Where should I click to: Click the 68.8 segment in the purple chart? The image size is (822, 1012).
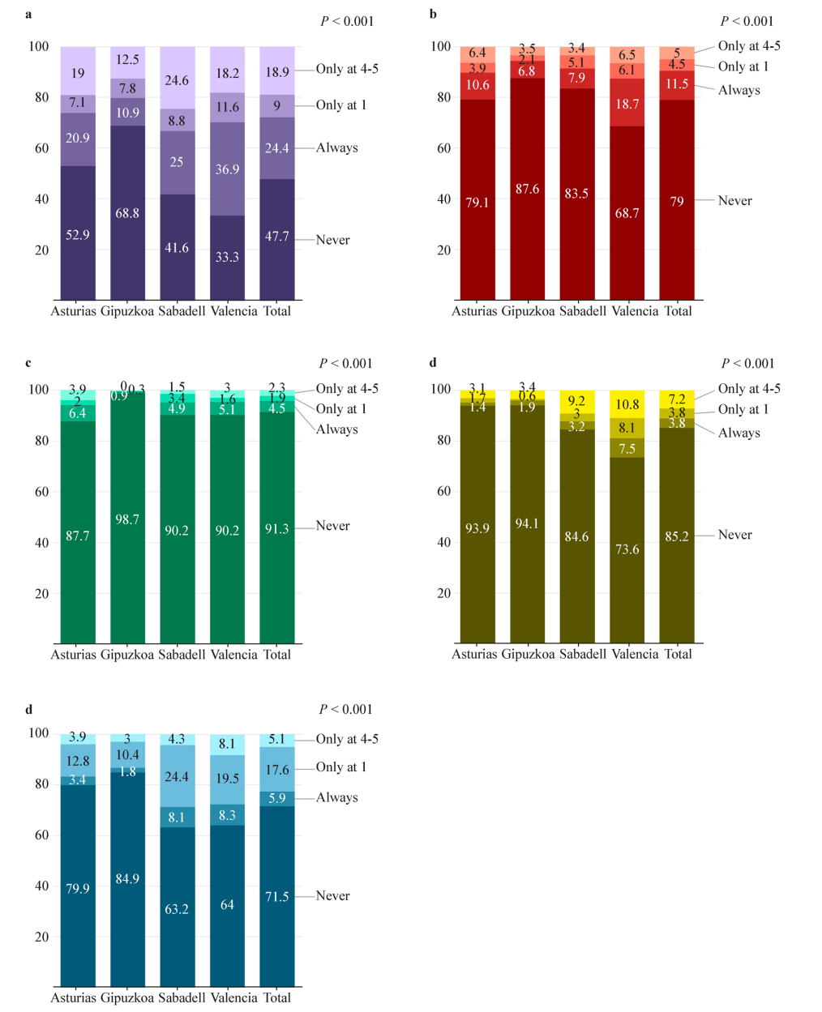point(127,213)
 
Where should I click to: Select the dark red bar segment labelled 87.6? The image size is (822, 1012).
point(527,189)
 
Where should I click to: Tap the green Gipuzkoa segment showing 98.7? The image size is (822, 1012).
point(127,519)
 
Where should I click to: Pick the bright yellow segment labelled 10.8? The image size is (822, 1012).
point(627,404)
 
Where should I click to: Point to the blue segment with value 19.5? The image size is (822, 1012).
point(227,779)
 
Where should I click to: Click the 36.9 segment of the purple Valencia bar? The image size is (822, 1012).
point(227,169)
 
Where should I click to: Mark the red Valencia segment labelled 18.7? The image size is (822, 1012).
point(627,104)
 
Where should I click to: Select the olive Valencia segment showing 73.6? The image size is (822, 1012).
point(627,549)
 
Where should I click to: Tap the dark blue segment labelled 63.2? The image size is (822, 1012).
point(177,909)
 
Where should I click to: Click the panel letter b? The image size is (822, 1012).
point(433,15)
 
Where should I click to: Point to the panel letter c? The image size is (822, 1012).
point(28,362)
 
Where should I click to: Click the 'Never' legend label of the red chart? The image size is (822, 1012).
point(734,201)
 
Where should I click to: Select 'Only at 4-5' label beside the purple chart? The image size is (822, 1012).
point(347,69)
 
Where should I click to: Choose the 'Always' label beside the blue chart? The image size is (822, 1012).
point(336,797)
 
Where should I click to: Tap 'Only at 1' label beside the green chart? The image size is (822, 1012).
point(340,409)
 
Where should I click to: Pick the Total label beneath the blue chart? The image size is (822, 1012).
point(276,998)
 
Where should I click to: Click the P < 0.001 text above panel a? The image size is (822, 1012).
point(347,21)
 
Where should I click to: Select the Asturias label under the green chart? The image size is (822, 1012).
point(73,655)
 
